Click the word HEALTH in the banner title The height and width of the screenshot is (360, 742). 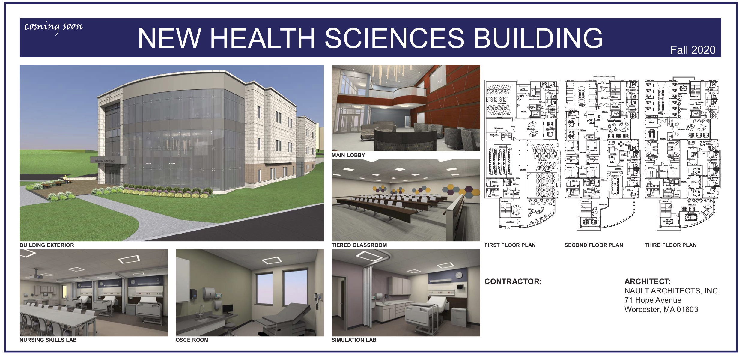[262, 38]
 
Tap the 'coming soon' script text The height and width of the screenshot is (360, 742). [53, 27]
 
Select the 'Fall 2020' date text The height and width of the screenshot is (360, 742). [693, 50]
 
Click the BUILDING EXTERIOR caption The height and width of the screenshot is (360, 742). [46, 245]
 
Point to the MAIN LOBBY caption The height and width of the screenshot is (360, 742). [348, 155]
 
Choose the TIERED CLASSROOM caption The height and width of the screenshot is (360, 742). [359, 245]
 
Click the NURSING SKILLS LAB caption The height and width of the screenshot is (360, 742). [48, 340]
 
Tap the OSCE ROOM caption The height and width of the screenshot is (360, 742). [192, 340]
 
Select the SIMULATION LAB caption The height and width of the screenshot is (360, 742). [354, 340]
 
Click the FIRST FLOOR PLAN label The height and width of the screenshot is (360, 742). [510, 245]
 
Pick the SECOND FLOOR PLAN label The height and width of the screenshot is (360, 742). [594, 245]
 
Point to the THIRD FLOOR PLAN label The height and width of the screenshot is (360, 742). [670, 245]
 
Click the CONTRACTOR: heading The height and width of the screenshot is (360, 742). [513, 281]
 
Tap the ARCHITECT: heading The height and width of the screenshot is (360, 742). [647, 281]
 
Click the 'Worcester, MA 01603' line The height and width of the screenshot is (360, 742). [661, 310]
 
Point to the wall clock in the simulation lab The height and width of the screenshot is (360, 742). [458, 275]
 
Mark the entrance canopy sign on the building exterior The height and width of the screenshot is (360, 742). [108, 161]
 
